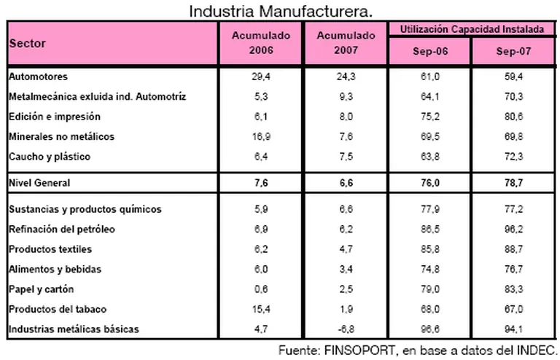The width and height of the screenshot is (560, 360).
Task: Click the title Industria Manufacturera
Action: (x=281, y=11)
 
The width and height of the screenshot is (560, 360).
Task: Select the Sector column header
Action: (x=27, y=44)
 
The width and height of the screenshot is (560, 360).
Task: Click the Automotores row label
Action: (x=37, y=76)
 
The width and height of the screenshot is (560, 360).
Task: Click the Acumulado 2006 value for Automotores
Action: (x=260, y=76)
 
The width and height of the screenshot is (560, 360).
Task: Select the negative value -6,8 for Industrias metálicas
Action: (x=346, y=329)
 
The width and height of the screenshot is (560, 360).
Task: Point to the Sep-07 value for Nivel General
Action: (x=514, y=182)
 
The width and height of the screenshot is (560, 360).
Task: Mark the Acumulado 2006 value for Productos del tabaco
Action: (x=260, y=310)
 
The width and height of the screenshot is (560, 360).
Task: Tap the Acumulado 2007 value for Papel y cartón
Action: (x=346, y=289)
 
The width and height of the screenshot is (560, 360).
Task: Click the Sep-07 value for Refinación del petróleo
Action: (x=514, y=230)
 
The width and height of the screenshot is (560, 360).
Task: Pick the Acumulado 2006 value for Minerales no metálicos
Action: (x=260, y=136)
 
